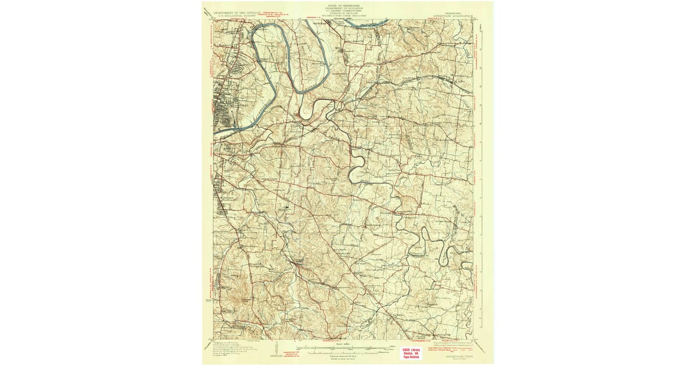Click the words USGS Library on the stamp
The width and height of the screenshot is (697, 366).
click(x=414, y=349)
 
